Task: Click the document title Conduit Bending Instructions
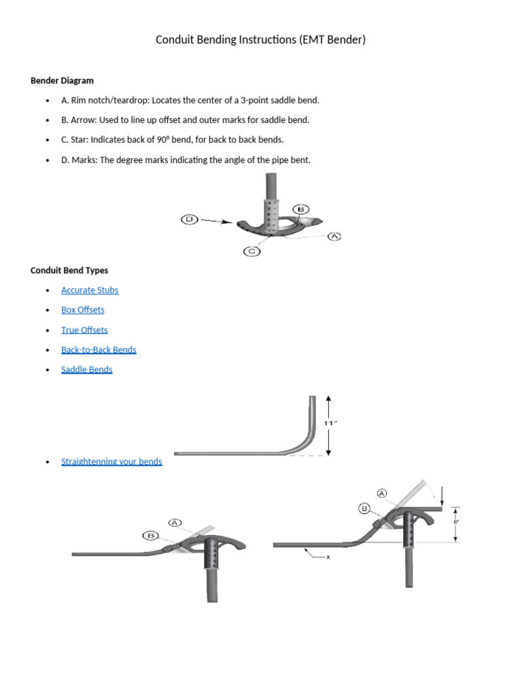tap(260, 39)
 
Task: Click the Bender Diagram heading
tap(62, 80)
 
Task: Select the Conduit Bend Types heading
tap(69, 270)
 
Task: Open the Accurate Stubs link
tap(90, 290)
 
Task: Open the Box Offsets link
tap(83, 310)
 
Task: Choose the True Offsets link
tap(84, 330)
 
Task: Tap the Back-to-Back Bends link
tap(99, 350)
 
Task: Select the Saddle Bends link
tap(86, 370)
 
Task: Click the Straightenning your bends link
tap(111, 462)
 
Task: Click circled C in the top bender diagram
tap(251, 251)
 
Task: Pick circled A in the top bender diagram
tap(334, 237)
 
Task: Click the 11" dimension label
tap(330, 423)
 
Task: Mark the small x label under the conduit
tap(328, 557)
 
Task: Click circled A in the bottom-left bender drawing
tap(175, 523)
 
